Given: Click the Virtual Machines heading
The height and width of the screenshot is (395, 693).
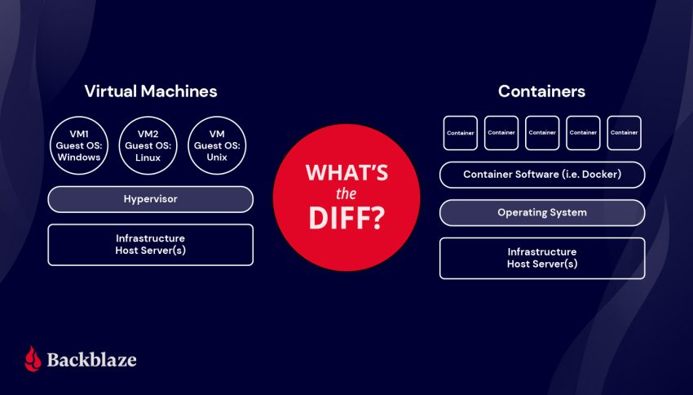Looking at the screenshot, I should point(151,91).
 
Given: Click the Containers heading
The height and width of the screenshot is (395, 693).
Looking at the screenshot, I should point(541,91).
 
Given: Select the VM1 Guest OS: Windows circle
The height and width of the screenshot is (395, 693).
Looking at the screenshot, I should point(79,146).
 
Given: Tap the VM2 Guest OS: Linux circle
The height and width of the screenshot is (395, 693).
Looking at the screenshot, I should point(148,146).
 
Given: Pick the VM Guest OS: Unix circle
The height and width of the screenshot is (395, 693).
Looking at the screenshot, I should point(217,146).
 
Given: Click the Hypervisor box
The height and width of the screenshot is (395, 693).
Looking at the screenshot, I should point(150,199).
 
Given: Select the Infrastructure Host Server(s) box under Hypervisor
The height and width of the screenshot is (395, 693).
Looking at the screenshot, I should point(150,245).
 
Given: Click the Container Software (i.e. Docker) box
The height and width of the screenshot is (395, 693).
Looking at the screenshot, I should point(542,175).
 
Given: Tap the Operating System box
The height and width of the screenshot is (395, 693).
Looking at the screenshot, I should point(542,213).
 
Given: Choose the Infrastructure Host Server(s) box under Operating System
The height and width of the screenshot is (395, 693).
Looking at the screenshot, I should point(542,258).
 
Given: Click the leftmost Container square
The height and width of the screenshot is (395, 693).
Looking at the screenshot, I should point(461,133).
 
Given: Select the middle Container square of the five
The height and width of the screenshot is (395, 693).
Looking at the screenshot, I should point(542,133).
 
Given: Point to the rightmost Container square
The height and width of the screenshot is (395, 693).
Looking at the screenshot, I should point(624,133).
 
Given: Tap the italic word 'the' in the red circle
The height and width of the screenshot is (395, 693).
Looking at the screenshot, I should point(346,194).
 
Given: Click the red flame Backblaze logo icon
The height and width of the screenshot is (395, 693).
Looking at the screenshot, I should point(33,358).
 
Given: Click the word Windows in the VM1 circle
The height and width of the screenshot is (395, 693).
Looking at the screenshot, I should point(79,158).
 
